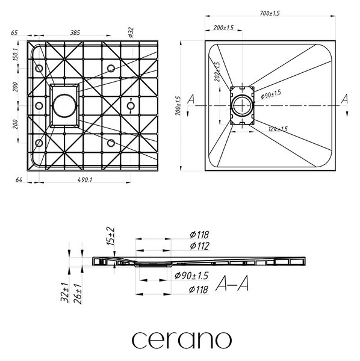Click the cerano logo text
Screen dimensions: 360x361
(x=182, y=340)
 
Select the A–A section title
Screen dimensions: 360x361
(x=232, y=283)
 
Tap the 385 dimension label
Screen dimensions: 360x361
(x=75, y=32)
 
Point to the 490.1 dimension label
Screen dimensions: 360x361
(x=85, y=179)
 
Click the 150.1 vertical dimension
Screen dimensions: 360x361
(x=16, y=54)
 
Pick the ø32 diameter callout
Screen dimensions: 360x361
(x=131, y=32)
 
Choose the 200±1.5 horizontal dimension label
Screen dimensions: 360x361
(x=223, y=28)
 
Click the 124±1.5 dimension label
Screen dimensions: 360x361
(x=278, y=129)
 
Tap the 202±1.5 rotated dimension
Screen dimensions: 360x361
(x=217, y=72)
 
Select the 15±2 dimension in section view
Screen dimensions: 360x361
(x=110, y=236)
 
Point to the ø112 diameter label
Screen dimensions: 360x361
(x=199, y=246)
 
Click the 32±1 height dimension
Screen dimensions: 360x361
(x=64, y=292)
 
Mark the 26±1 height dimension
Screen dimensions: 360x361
(x=78, y=294)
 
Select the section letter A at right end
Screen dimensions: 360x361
(x=344, y=99)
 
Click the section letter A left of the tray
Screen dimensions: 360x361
(x=191, y=99)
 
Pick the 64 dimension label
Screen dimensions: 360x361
(x=19, y=179)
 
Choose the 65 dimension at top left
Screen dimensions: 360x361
(x=14, y=32)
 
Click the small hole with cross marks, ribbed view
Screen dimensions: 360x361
(x=131, y=106)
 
